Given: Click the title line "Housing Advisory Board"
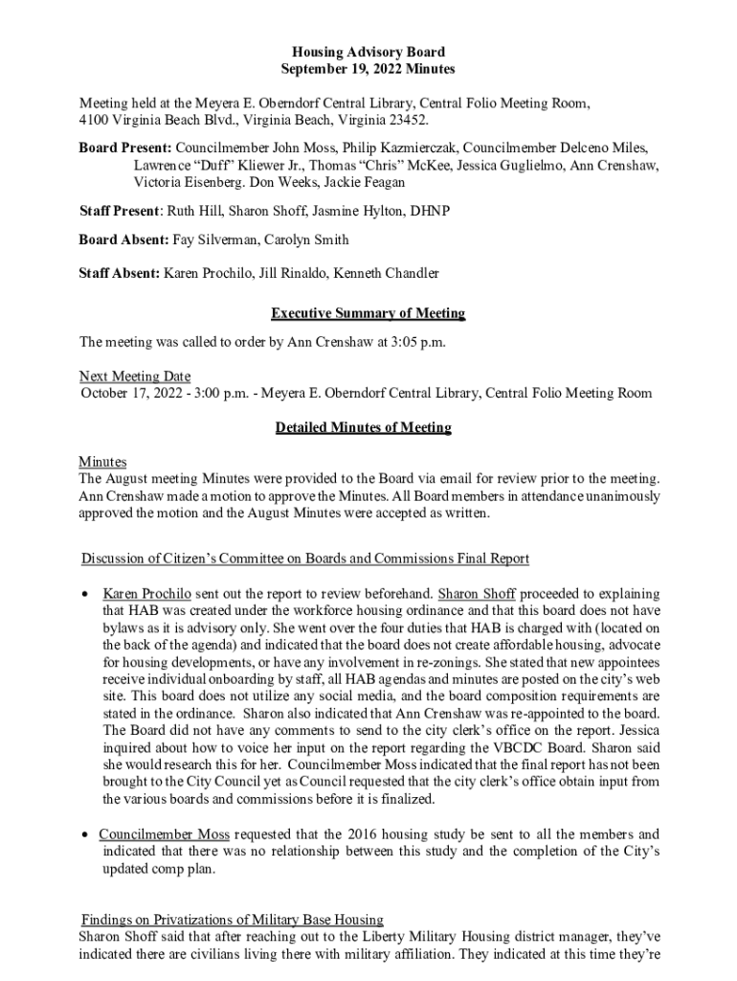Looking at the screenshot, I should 368,52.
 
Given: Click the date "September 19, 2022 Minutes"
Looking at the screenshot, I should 368,69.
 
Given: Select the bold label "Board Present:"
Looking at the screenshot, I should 125,148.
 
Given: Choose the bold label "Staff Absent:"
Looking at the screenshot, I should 120,273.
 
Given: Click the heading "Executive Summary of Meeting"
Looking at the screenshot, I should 368,313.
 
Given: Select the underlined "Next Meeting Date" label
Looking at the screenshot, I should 135,376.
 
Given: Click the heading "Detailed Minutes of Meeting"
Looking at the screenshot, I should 363,427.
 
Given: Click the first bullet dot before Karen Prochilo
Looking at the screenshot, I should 84,593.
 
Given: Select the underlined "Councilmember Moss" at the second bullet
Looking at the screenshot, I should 164,833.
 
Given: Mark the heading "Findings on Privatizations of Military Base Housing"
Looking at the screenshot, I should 233,919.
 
